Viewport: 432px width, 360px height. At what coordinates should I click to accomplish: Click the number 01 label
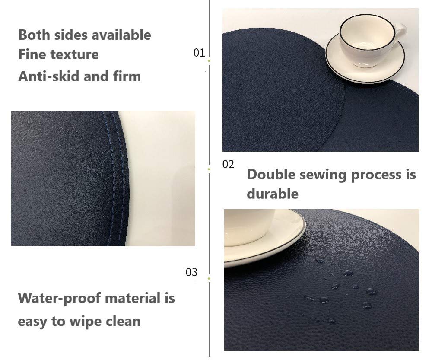pos(199,53)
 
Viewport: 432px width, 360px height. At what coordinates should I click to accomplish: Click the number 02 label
pos(228,164)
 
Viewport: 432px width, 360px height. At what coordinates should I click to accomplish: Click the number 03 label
pos(191,272)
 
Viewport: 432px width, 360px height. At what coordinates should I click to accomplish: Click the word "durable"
pos(273,194)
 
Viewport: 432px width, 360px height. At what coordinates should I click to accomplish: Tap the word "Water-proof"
pos(58,298)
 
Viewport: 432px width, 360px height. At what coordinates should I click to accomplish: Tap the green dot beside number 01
pos(209,61)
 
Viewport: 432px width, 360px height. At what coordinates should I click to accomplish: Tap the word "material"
pos(133,298)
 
